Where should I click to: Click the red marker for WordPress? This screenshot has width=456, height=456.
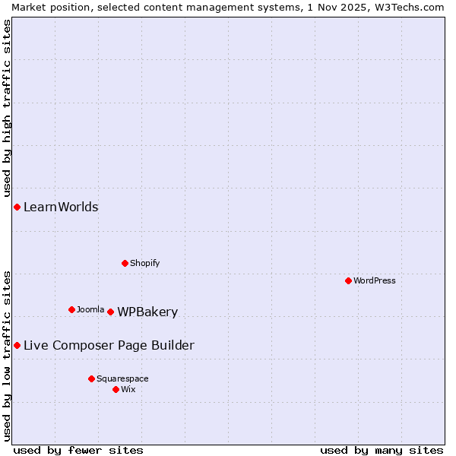click(348, 280)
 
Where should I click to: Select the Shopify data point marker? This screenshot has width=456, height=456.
click(125, 263)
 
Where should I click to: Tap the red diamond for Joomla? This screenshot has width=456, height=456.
click(71, 309)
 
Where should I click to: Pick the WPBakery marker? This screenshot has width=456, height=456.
click(110, 312)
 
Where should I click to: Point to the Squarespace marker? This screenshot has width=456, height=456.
click(91, 378)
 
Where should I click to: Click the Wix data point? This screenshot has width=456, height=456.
click(116, 389)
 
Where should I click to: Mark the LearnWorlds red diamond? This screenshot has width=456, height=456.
click(17, 207)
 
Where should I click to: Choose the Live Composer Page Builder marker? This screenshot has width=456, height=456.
click(17, 345)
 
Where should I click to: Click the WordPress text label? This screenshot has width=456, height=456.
click(375, 280)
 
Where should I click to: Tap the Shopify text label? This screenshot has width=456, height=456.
click(144, 263)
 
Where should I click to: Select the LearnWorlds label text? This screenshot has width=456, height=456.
click(61, 207)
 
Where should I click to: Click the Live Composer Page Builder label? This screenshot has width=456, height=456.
click(109, 345)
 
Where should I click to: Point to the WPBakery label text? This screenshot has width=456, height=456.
click(147, 312)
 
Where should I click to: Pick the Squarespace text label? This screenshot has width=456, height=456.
click(122, 378)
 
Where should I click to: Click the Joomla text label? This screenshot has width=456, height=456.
click(90, 309)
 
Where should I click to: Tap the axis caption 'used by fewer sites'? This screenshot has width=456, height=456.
click(78, 450)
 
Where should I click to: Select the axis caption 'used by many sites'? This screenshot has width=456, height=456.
click(382, 450)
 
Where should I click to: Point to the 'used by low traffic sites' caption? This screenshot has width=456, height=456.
click(7, 355)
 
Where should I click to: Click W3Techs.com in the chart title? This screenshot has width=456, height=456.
click(407, 7)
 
